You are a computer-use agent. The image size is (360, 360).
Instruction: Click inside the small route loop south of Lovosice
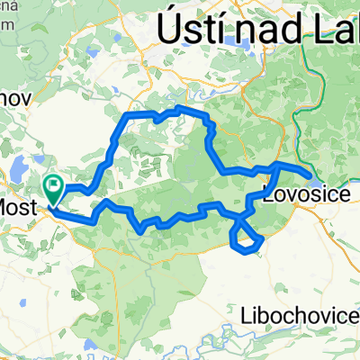click(x=247, y=236)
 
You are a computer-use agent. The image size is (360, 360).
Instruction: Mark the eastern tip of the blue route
click(x=311, y=175)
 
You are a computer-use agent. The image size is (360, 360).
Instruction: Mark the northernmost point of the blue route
click(x=180, y=108)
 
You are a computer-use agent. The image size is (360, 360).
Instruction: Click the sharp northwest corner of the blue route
click(x=127, y=117)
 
